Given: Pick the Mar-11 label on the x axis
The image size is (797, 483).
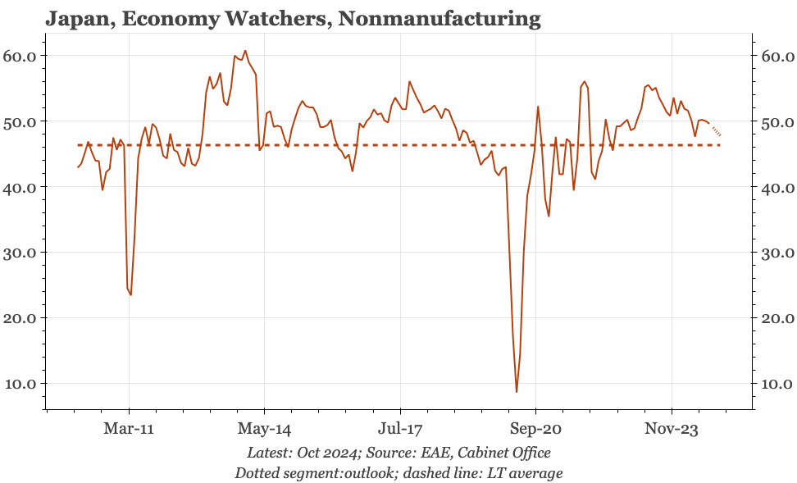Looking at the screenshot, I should tap(129, 428).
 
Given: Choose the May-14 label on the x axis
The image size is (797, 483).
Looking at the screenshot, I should tap(264, 428).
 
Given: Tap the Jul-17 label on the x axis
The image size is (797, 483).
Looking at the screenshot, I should tap(400, 428).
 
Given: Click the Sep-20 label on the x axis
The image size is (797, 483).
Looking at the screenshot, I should tap(535, 428).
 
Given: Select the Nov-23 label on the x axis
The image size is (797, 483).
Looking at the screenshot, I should tap(672, 428).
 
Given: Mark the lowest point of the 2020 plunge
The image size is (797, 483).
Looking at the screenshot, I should tap(517, 391).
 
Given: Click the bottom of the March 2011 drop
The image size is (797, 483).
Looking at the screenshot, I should tap(131, 294).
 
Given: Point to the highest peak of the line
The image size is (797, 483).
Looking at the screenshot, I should tap(244, 51).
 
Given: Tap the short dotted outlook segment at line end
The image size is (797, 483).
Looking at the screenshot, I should tap(717, 131).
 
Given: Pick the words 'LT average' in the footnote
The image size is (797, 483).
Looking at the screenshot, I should tap(525, 473).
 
